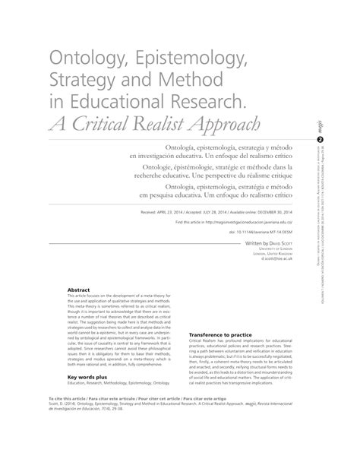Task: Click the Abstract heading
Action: pos(79,290)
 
